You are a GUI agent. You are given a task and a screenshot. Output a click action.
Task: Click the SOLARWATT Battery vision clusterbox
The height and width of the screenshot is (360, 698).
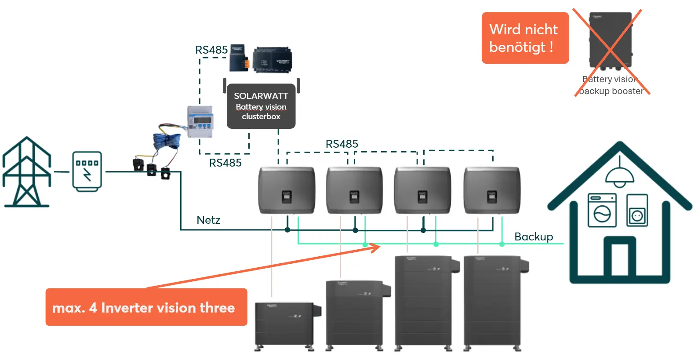[x=261, y=106]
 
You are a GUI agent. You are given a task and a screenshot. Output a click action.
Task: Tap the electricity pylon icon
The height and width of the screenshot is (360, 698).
[x=27, y=172]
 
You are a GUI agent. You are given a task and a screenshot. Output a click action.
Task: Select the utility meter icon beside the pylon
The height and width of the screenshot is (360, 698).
[x=87, y=171]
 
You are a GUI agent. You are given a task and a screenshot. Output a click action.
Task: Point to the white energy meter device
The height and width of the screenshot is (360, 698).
[x=200, y=121]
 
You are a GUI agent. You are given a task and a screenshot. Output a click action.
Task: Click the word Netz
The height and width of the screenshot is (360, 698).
[x=208, y=220]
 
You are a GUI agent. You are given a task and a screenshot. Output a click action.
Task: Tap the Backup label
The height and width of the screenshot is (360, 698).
[x=534, y=236]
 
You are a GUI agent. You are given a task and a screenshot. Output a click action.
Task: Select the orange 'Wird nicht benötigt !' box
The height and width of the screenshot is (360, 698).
[x=525, y=38]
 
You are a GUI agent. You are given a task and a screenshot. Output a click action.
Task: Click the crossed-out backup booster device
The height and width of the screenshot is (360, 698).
[x=610, y=42]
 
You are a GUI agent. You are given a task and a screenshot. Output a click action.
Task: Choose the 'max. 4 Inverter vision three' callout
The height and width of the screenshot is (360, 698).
[x=146, y=307]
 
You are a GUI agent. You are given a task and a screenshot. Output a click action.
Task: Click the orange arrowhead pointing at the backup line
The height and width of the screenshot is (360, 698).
[x=375, y=247]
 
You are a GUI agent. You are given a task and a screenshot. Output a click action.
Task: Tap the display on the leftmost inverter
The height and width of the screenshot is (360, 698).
[x=286, y=196]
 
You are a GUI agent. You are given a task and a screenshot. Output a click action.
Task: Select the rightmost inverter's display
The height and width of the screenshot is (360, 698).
[x=492, y=196]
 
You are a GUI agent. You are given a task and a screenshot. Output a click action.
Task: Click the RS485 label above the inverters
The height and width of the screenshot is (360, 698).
[x=342, y=144]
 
